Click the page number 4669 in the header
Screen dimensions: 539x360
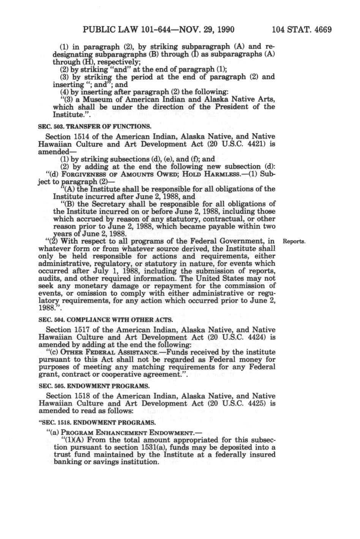(322, 29)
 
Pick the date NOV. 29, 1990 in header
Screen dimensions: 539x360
(201, 29)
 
